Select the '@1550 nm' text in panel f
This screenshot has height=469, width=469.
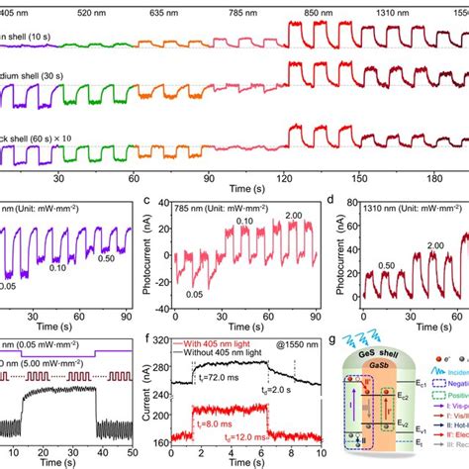pos(286,344)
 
